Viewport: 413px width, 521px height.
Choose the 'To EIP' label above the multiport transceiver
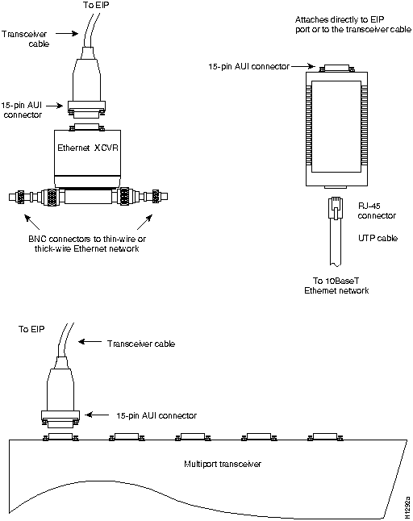point(31,329)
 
